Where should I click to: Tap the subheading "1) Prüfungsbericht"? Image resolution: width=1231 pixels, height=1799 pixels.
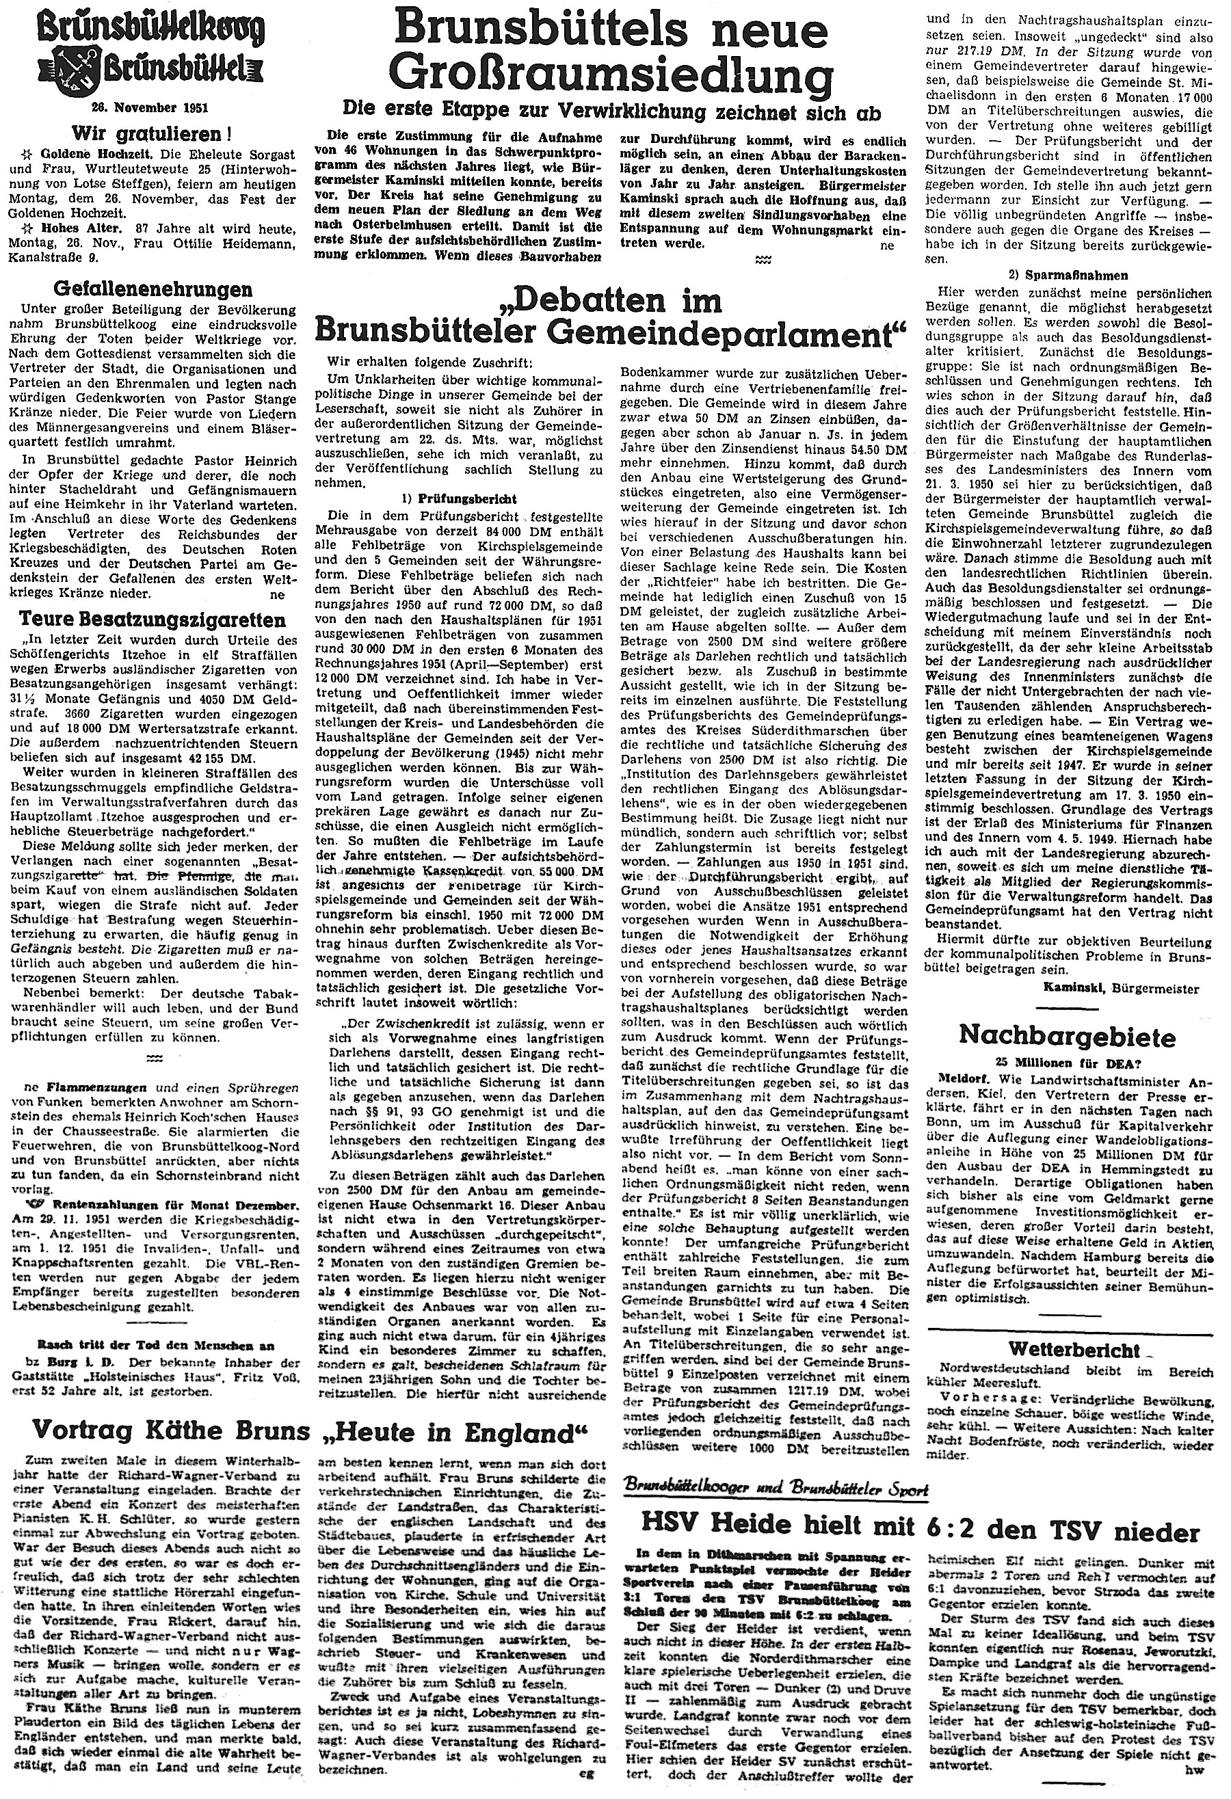[x=463, y=498]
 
